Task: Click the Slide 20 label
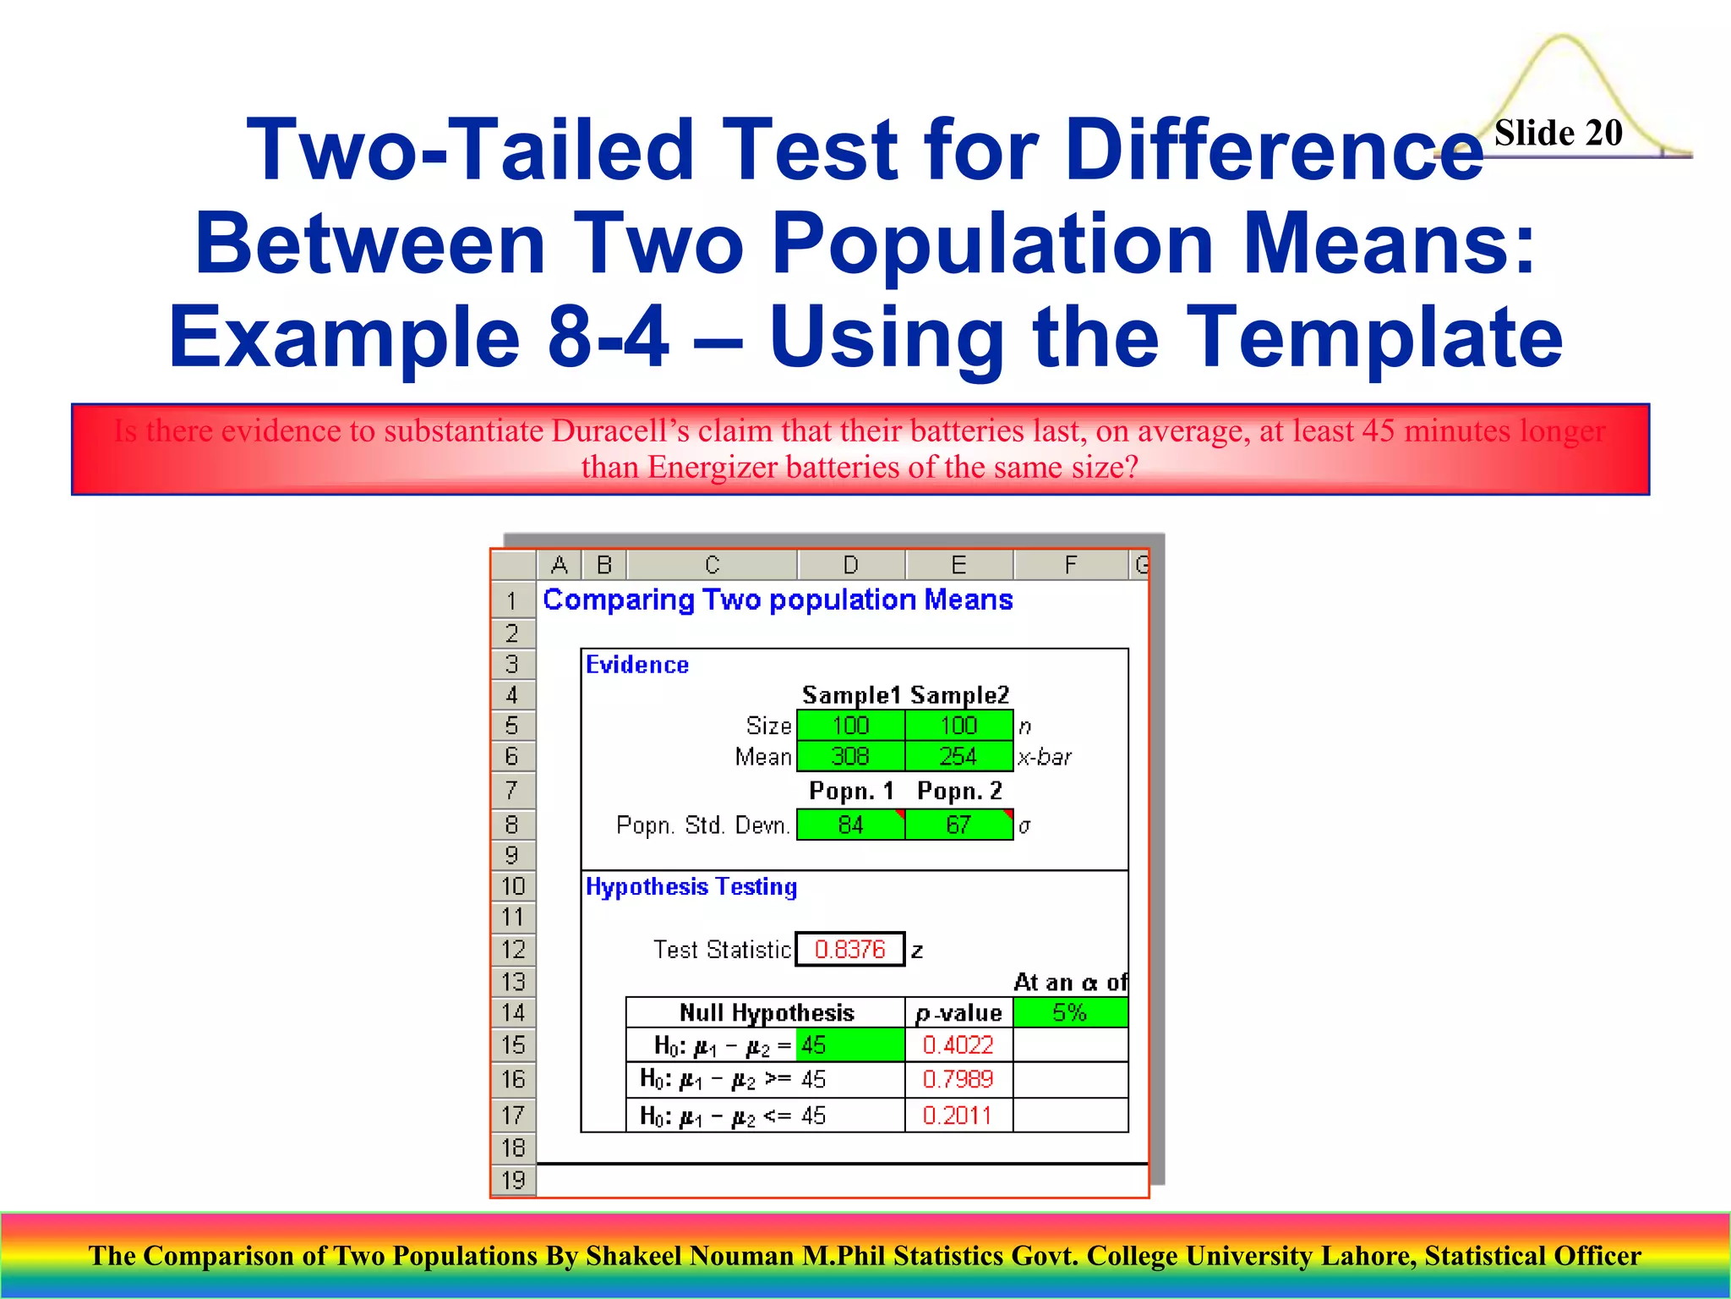[x=1558, y=133]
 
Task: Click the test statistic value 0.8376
[x=849, y=949]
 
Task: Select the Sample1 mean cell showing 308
[x=850, y=756]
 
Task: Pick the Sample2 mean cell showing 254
[x=958, y=756]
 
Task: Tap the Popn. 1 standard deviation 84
[x=850, y=825]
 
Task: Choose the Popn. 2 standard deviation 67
[x=958, y=825]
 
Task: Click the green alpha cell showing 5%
[x=1069, y=1012]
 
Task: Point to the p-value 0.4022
[x=958, y=1045]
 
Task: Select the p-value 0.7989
[x=958, y=1079]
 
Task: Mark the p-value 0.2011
[x=958, y=1115]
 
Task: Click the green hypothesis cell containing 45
[x=849, y=1045]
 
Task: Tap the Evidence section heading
[x=637, y=665]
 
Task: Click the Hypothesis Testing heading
[x=691, y=886]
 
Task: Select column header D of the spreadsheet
[x=850, y=565]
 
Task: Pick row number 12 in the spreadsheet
[x=513, y=949]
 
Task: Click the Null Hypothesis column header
[x=766, y=1012]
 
